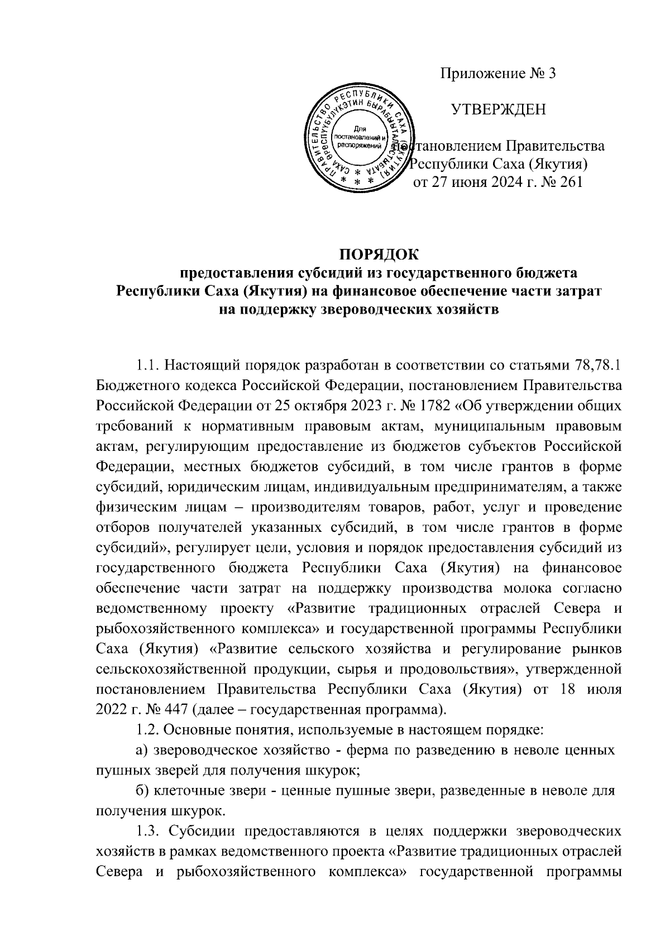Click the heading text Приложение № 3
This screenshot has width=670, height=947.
499,74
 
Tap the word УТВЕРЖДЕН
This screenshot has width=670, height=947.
499,109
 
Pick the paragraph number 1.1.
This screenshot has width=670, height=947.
147,366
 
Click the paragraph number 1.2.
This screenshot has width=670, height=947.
147,729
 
